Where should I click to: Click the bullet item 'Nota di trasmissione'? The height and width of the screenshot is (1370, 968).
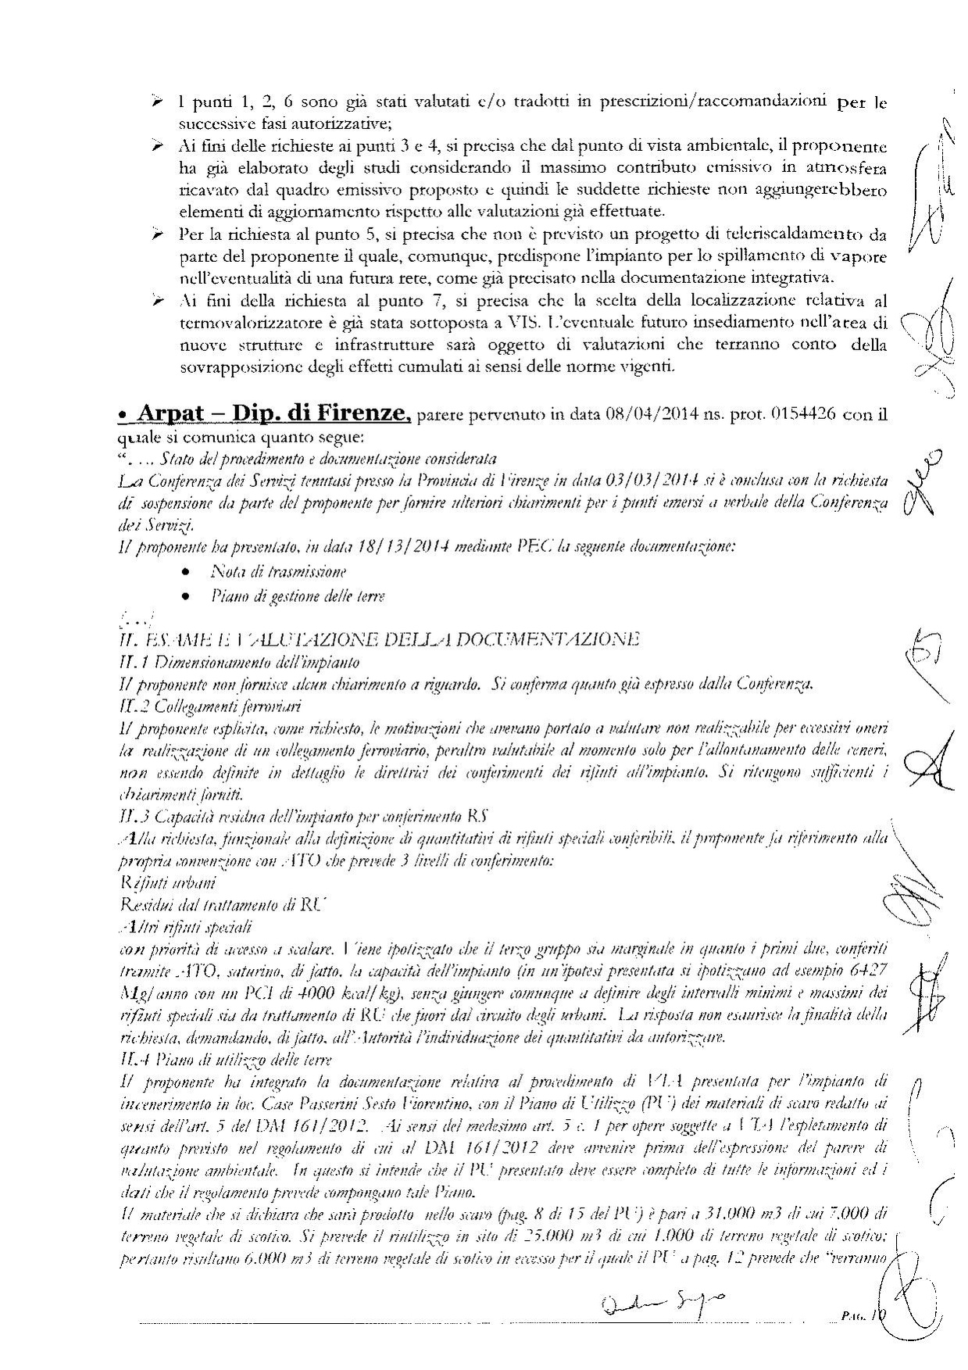279,571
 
